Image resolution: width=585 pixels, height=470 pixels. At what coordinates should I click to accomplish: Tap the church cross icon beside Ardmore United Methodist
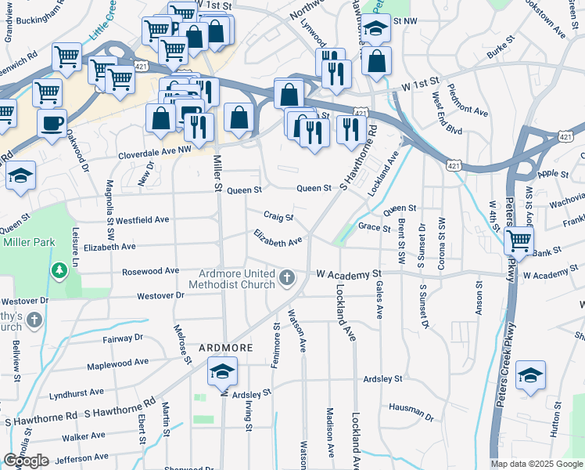point(287,277)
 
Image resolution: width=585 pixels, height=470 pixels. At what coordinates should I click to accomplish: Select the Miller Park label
point(28,242)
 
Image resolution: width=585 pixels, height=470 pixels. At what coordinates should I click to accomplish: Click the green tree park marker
point(59,271)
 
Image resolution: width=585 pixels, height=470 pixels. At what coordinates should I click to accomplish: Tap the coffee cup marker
point(52,124)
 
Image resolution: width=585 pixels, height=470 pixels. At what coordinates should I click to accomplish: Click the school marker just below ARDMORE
point(223,371)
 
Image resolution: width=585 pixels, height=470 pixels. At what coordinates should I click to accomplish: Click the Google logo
point(26,461)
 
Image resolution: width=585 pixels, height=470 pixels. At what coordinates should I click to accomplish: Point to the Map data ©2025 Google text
point(537,464)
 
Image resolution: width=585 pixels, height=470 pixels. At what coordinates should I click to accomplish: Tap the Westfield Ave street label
point(142,220)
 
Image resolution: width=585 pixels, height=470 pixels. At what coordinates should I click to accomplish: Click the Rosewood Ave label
point(151,272)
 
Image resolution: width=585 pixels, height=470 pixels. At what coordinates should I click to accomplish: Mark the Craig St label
point(278,216)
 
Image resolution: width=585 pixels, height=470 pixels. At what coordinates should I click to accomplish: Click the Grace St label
point(374,228)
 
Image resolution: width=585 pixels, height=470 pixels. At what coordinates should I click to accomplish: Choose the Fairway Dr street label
point(123,338)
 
